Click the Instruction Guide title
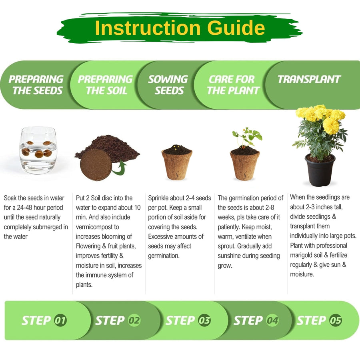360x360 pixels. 180,28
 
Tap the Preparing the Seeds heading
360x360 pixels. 36,85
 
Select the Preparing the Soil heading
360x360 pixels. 105,85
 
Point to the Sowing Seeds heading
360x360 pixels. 168,85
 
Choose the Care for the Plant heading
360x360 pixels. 233,85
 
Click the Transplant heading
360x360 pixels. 309,79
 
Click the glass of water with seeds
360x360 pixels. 38,150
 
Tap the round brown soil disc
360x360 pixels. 96,164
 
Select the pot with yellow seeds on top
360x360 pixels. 177,162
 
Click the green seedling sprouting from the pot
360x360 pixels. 247,137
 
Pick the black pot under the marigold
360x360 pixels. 320,170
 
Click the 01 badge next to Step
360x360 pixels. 60,320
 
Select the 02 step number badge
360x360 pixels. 134,320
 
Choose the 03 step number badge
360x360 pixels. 204,320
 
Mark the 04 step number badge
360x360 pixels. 272,320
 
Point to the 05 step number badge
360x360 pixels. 336,320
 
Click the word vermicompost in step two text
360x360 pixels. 97,227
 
